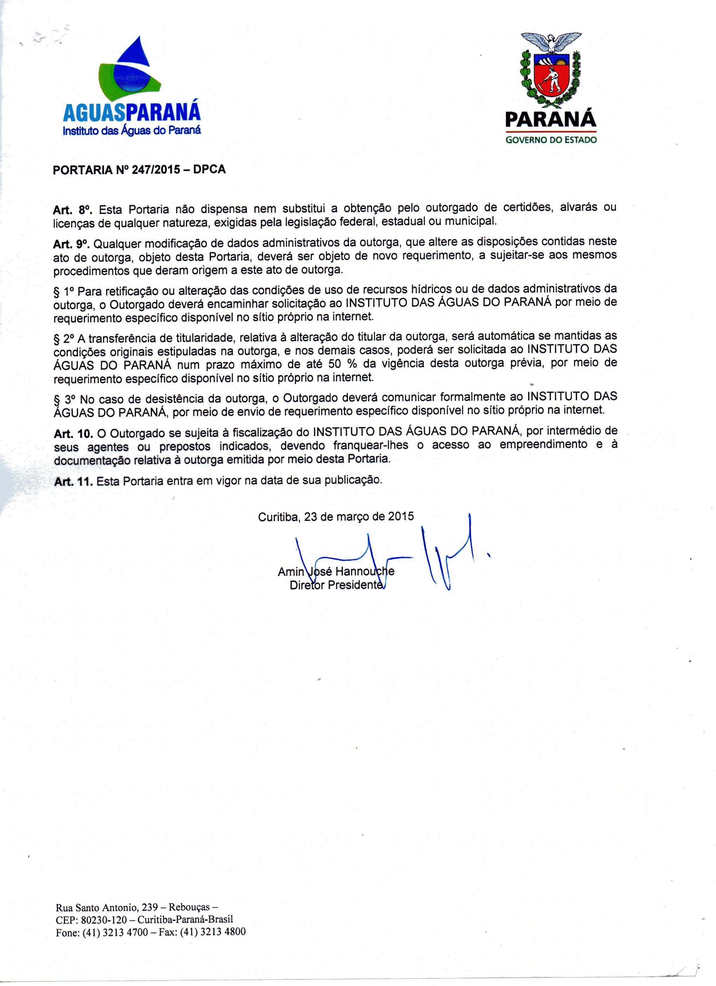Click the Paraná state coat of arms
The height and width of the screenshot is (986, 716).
click(551, 70)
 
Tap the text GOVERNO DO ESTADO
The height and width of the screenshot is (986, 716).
click(551, 140)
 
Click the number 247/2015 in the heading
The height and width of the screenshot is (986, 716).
click(155, 170)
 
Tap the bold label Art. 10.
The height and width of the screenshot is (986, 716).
click(73, 433)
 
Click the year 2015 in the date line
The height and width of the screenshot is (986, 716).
click(400, 516)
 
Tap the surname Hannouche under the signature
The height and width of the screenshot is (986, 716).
click(365, 571)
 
